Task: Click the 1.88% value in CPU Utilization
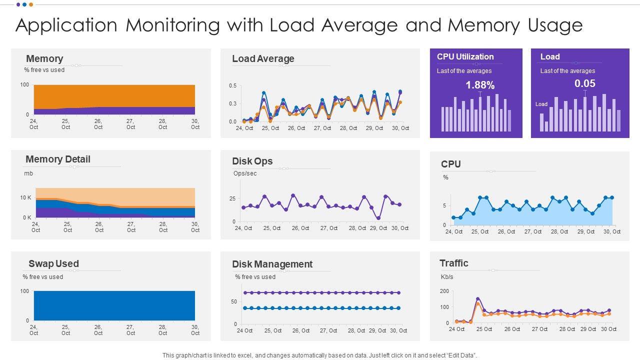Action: (480, 85)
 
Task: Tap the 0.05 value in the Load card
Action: (584, 83)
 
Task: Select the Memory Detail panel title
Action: (58, 159)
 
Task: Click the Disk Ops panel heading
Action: (252, 161)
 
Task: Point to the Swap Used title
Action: (53, 263)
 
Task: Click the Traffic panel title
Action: (454, 263)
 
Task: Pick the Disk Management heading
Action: (272, 264)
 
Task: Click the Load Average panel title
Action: (263, 58)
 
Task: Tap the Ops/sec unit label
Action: (245, 173)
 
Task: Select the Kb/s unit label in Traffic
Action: (447, 276)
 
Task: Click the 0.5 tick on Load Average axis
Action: (232, 86)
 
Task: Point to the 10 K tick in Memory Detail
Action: (25, 198)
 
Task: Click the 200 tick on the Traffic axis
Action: (444, 291)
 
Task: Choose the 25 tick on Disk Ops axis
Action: (232, 198)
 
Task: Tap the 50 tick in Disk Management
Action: (233, 301)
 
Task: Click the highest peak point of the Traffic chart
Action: (478, 299)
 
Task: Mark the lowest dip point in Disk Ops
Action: (378, 218)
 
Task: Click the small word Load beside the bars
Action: (541, 104)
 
